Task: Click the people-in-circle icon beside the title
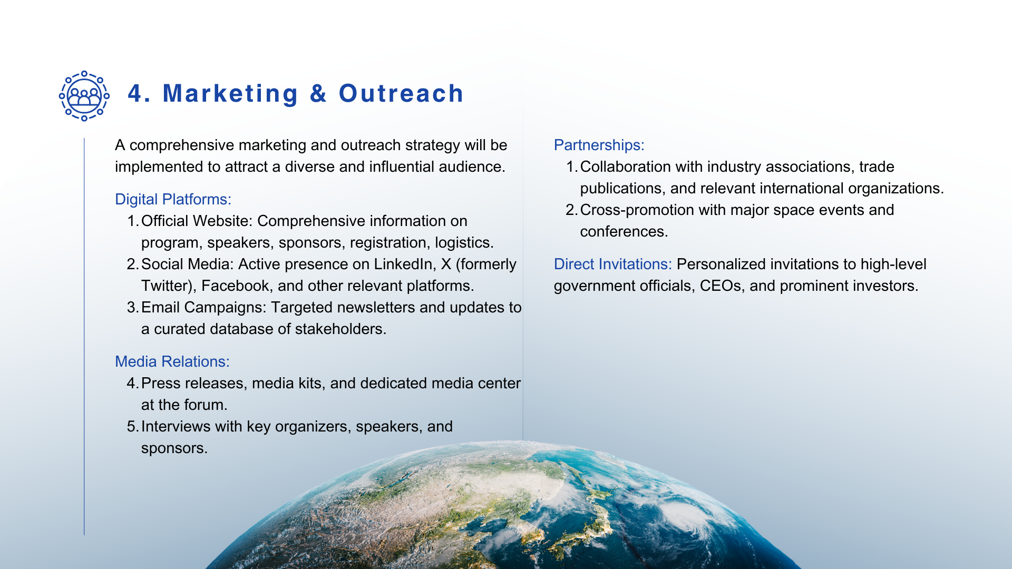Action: coord(84,96)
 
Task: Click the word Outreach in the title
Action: coord(401,94)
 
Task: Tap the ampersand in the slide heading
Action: coord(318,94)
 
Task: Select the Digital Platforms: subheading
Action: coord(173,199)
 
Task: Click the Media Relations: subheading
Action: coord(172,361)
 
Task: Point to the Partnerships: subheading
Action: coord(599,145)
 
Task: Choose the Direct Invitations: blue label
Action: coord(613,264)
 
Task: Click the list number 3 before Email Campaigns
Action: coord(132,307)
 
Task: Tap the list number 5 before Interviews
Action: coord(132,426)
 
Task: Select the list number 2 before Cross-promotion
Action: coord(571,210)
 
